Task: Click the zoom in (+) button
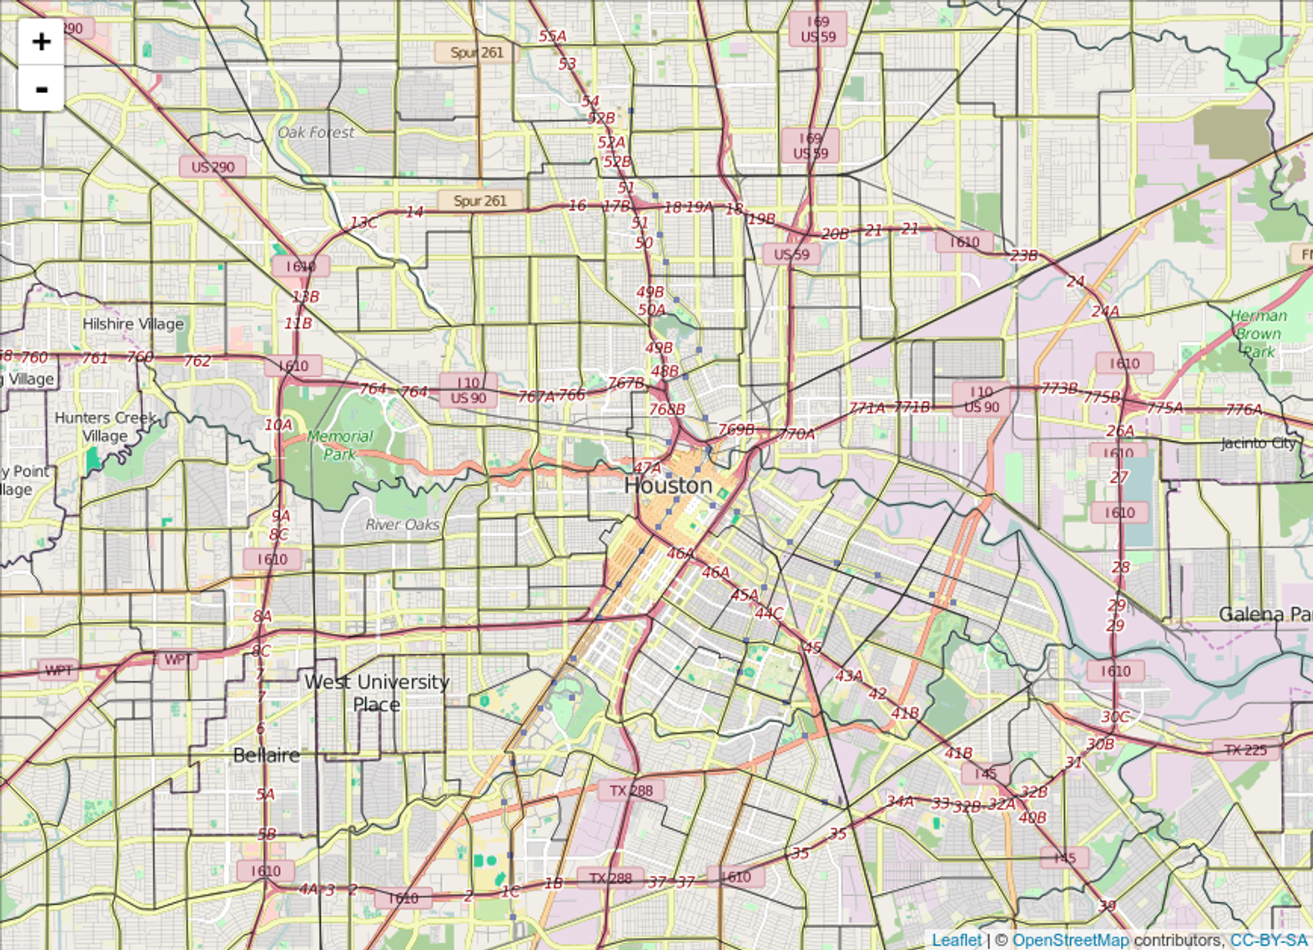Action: tap(41, 42)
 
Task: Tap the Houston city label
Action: tap(668, 486)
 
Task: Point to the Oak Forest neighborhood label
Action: tap(316, 133)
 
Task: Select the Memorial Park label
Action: tap(340, 445)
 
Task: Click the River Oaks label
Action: tap(402, 525)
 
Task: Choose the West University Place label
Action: tap(377, 692)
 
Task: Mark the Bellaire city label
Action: tap(266, 755)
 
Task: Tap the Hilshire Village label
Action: tap(133, 324)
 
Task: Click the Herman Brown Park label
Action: tap(1258, 334)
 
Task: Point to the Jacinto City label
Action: tap(1258, 443)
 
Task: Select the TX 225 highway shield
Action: tap(1245, 750)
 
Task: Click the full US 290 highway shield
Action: tap(213, 167)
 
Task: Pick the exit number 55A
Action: tap(553, 36)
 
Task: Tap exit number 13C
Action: tap(363, 223)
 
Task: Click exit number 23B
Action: tap(1024, 256)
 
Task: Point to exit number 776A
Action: tap(1244, 410)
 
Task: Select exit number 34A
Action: tap(900, 802)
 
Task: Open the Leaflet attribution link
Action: tap(956, 940)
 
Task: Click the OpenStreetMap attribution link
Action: tap(1070, 940)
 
